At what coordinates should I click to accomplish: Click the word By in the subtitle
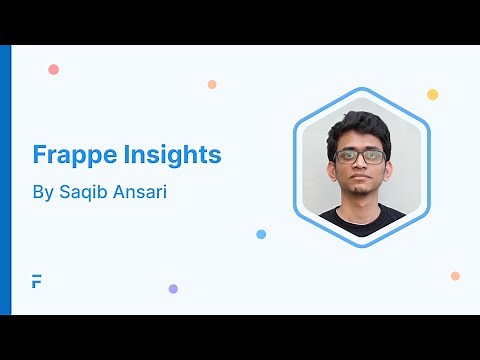[x=43, y=191]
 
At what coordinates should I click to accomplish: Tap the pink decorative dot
[x=53, y=69]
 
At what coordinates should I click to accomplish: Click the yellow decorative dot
[x=432, y=94]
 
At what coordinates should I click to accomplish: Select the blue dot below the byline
[x=261, y=234]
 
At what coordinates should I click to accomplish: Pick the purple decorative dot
[x=173, y=288]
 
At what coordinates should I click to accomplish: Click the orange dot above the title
[x=212, y=84]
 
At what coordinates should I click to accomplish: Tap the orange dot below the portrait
[x=455, y=275]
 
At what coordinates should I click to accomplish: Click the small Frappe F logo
[x=37, y=281]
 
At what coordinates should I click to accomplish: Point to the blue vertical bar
[x=5, y=180]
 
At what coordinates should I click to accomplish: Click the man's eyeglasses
[x=360, y=157]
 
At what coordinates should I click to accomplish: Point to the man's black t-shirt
[x=362, y=221]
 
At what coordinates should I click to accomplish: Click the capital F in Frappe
[x=39, y=156]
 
